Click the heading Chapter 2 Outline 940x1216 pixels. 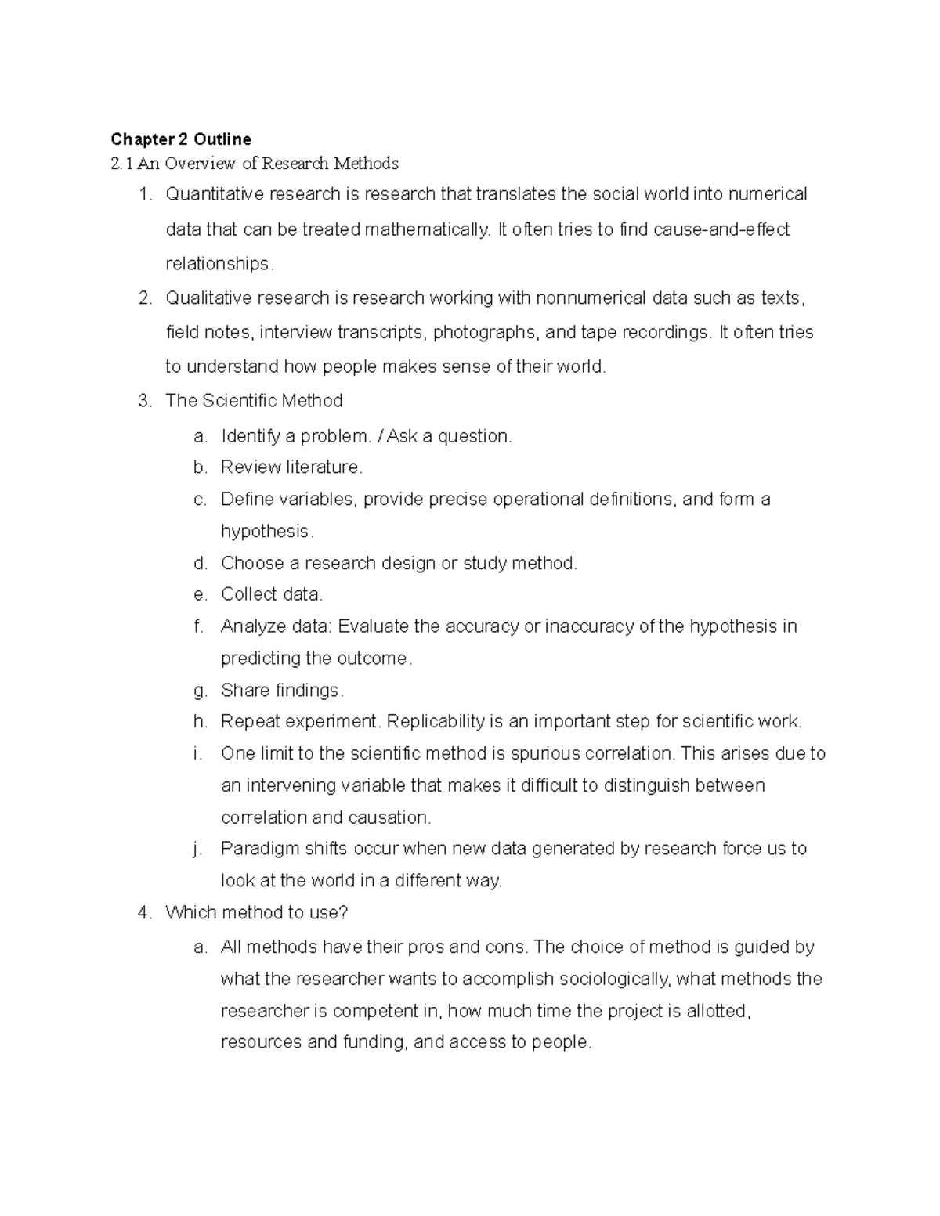(181, 139)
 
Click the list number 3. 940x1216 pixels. (143, 402)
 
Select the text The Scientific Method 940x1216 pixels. (254, 402)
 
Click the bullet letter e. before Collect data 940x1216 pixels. (200, 595)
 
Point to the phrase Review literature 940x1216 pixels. (291, 467)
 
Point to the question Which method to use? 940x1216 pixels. (256, 913)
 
